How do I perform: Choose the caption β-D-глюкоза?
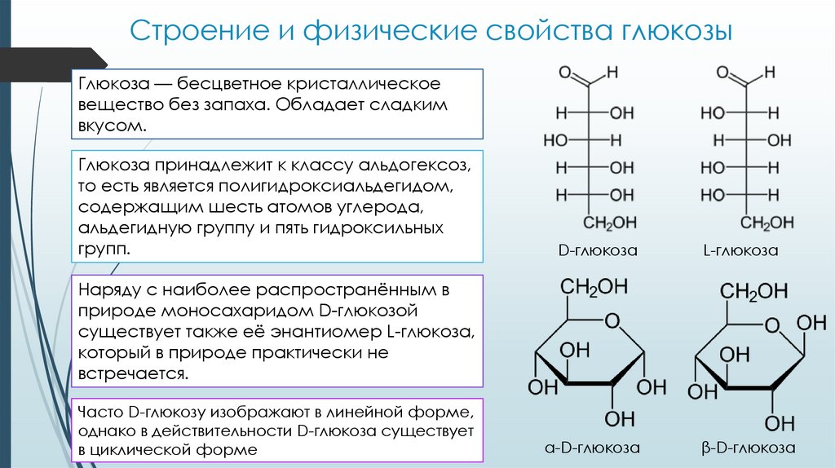(x=749, y=448)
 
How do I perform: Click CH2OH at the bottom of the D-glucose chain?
(x=607, y=223)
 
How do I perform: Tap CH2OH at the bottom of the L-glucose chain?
(x=767, y=223)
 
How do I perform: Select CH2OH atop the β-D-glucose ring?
(x=754, y=291)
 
